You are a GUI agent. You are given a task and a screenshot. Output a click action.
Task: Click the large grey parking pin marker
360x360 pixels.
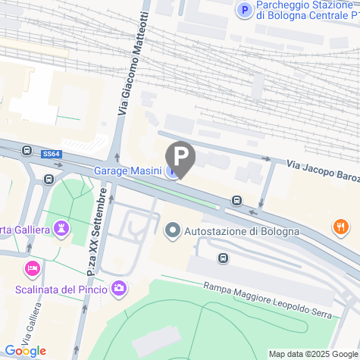pyautogui.click(x=180, y=158)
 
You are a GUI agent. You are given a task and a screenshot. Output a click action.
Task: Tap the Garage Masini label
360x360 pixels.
pyautogui.click(x=127, y=171)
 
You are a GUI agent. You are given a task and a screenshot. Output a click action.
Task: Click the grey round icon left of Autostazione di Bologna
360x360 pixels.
pyautogui.click(x=173, y=230)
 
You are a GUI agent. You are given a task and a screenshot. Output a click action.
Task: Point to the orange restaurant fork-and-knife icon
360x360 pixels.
pyautogui.click(x=341, y=226)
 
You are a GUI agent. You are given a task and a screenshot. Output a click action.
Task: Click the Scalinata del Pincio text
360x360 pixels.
pyautogui.click(x=61, y=288)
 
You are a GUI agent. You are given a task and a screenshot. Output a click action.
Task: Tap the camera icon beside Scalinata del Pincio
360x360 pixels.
pyautogui.click(x=119, y=288)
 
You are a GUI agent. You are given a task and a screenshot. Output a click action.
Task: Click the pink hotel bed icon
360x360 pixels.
pyautogui.click(x=32, y=268)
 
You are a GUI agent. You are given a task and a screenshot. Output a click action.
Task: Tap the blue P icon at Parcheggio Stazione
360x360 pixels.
pyautogui.click(x=244, y=10)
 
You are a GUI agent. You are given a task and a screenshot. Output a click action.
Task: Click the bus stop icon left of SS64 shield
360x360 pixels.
pyautogui.click(x=27, y=151)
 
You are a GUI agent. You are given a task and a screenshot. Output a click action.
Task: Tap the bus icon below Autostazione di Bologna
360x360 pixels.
pyautogui.click(x=223, y=258)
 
